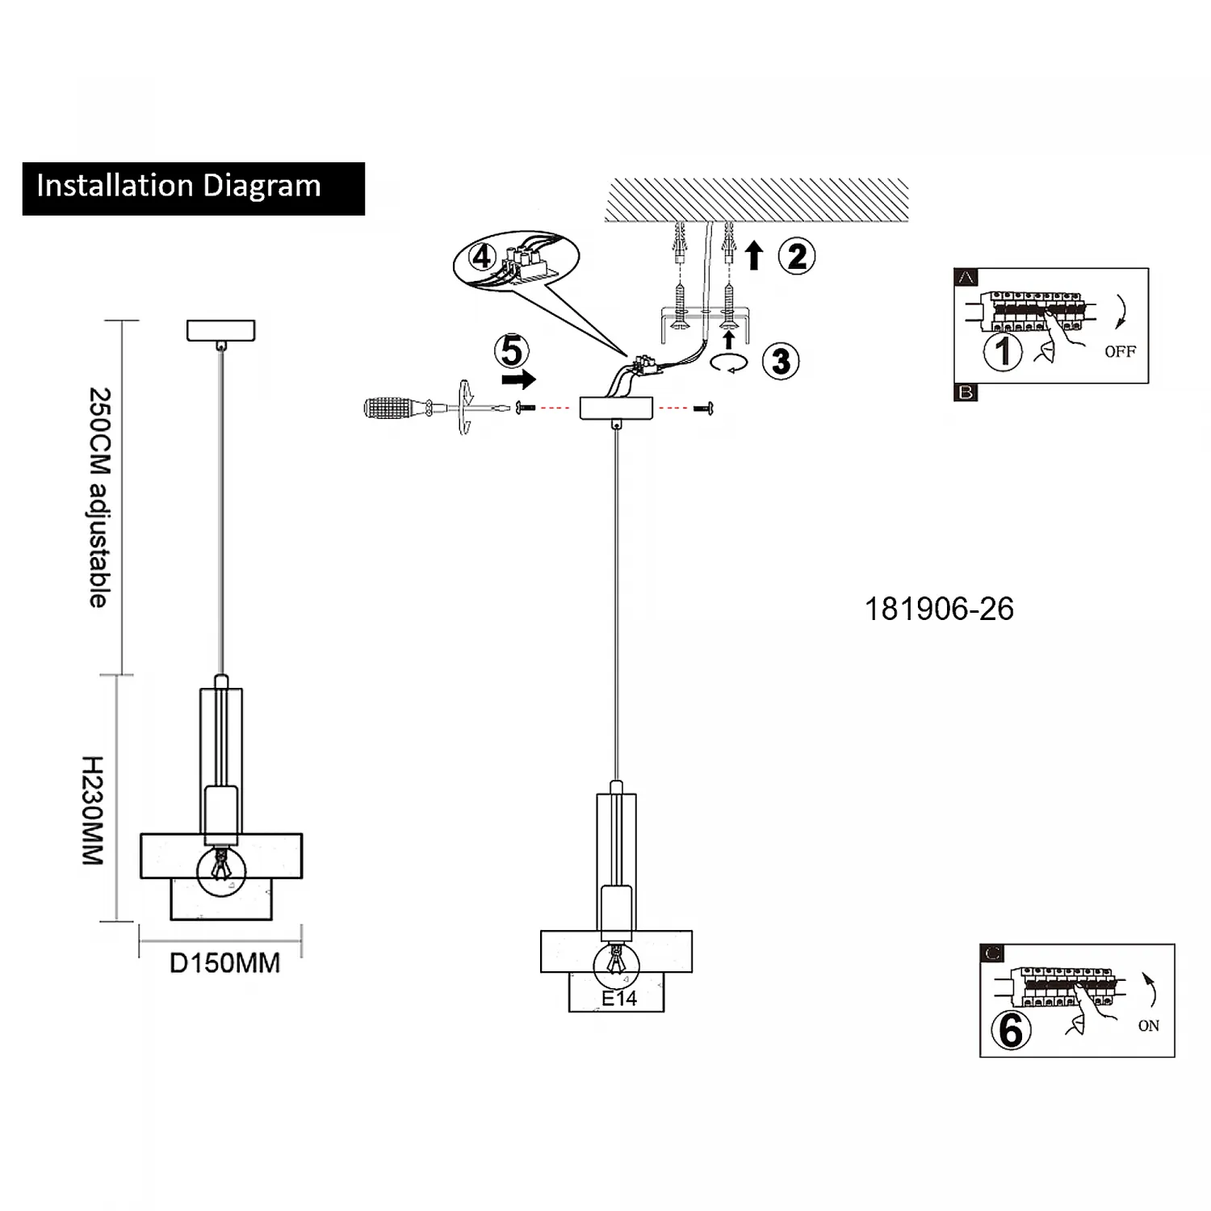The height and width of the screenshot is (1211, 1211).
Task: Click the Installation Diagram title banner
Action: click(193, 188)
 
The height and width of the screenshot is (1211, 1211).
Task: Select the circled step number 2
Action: click(797, 257)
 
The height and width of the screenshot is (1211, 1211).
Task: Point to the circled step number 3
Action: click(781, 361)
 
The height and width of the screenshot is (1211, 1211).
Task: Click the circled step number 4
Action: click(483, 257)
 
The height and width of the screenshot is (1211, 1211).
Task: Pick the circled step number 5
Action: click(512, 351)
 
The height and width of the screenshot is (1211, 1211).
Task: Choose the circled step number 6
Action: click(1011, 1030)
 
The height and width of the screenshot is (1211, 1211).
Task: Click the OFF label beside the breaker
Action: click(1120, 352)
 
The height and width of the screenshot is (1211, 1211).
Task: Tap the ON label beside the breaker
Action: click(1148, 1026)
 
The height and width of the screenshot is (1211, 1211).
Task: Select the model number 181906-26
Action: click(939, 610)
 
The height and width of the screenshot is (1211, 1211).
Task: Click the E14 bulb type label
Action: click(619, 999)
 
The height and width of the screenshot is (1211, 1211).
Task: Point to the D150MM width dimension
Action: click(224, 963)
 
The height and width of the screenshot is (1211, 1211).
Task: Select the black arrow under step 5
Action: click(518, 379)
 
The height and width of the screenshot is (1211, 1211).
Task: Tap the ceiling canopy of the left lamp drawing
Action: click(220, 330)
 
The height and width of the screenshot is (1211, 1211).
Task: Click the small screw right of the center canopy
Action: click(701, 409)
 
